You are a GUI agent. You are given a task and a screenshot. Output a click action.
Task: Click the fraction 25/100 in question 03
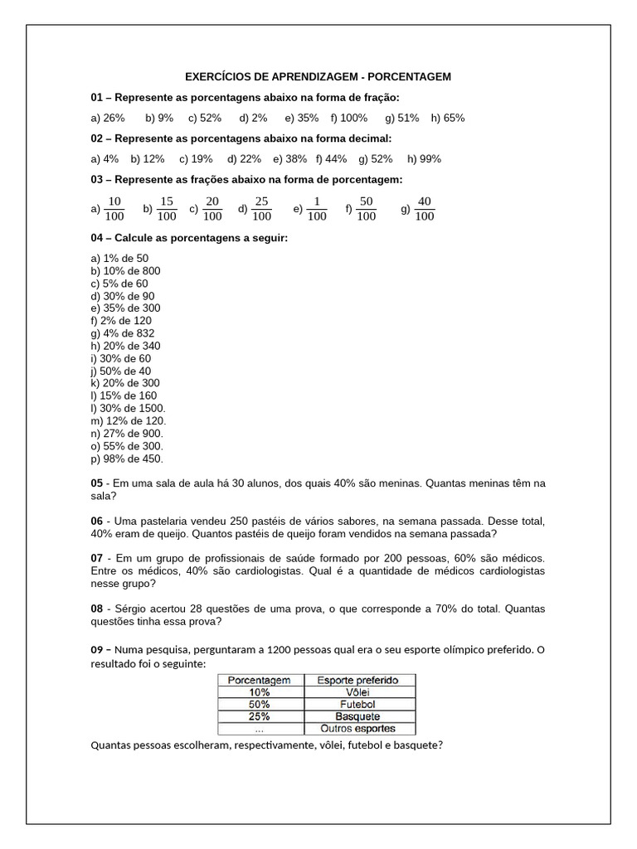[261, 209]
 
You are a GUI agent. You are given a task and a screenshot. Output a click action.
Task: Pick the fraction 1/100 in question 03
[316, 209]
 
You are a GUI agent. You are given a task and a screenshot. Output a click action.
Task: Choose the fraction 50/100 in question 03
[366, 209]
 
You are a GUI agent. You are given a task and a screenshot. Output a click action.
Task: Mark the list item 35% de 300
[126, 308]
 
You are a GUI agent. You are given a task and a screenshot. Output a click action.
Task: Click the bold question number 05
[96, 483]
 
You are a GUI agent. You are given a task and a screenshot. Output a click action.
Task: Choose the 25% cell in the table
[259, 716]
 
